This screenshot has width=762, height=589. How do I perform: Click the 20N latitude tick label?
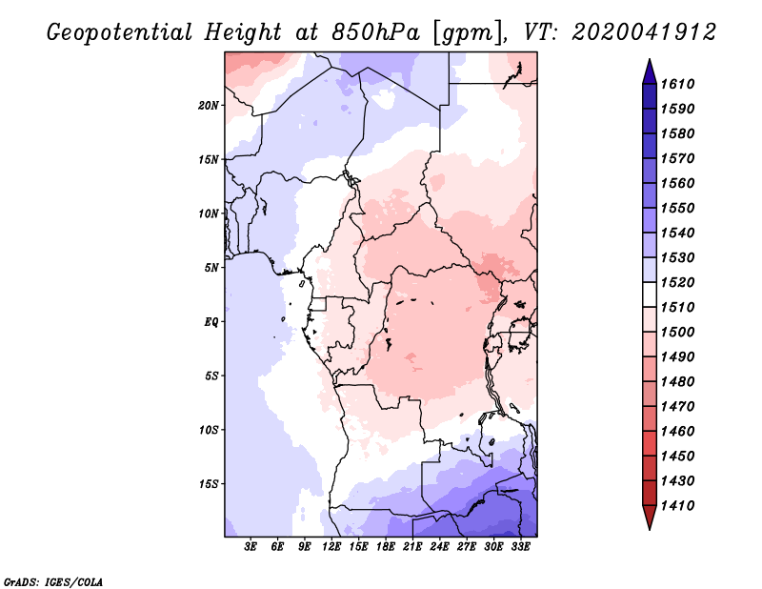(x=209, y=106)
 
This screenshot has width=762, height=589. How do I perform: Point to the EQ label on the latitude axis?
(x=211, y=322)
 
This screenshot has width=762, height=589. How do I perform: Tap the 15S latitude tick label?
(x=209, y=484)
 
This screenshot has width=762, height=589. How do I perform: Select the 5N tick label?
(x=211, y=268)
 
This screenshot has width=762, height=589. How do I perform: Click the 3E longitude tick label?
(x=251, y=547)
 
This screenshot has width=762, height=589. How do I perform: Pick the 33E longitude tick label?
(x=520, y=547)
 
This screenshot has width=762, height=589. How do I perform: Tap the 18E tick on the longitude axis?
(x=386, y=547)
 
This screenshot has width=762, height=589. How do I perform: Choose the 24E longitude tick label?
(x=439, y=547)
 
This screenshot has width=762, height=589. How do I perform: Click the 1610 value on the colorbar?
(x=677, y=84)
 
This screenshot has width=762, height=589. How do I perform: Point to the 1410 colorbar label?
(x=677, y=506)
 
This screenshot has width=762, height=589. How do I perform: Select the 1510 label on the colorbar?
(x=677, y=308)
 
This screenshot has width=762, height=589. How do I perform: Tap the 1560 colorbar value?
(x=677, y=183)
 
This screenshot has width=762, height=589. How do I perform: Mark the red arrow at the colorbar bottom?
(x=650, y=516)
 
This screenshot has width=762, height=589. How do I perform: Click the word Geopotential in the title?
(x=120, y=33)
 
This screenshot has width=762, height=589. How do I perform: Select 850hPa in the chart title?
(x=375, y=32)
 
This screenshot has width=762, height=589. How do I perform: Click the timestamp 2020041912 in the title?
(x=644, y=32)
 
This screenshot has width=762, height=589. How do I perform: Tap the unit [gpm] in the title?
(x=468, y=33)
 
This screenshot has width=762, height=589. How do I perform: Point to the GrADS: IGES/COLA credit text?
(x=53, y=582)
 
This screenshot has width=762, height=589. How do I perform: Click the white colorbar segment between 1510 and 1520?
(x=650, y=294)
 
